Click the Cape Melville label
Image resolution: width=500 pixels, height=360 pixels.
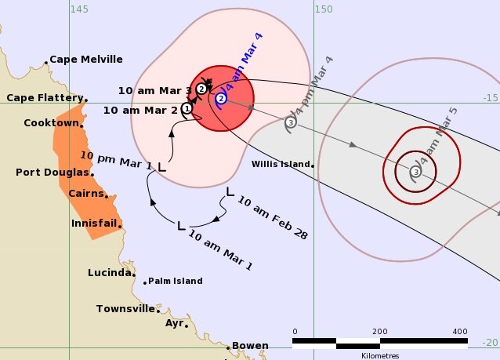[x=86, y=60]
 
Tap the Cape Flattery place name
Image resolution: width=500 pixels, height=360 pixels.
[x=44, y=98]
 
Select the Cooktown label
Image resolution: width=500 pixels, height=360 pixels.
[x=51, y=123]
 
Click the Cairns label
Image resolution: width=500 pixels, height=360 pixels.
[x=85, y=194]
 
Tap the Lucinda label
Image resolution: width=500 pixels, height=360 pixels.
[x=109, y=273]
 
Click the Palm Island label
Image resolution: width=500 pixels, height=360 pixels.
[x=176, y=281]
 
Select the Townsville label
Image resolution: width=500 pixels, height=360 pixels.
[x=125, y=309]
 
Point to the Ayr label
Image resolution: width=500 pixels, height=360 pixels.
[x=174, y=323]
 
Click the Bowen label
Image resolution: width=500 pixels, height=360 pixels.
[x=250, y=346]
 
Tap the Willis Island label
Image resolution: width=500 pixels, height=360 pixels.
[x=280, y=165]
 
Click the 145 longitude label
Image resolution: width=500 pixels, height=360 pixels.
[x=78, y=9]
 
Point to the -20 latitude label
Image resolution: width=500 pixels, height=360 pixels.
[x=491, y=342]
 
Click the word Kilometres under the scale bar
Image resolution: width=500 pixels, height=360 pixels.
[x=380, y=355]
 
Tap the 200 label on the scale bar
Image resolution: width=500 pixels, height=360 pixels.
[x=380, y=331]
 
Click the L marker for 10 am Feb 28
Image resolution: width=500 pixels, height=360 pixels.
[x=230, y=191]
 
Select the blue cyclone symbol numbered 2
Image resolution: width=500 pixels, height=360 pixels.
[x=221, y=99]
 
